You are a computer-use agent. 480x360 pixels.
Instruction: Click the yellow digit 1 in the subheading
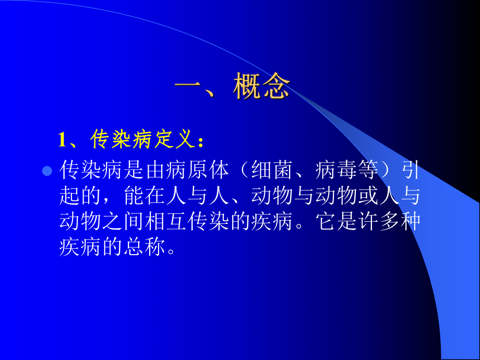coord(63,140)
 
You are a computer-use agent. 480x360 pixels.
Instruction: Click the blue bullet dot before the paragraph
coord(46,171)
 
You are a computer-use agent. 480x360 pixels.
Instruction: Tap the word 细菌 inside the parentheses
coord(273,170)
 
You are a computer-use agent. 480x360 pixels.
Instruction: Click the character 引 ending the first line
coord(412,170)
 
